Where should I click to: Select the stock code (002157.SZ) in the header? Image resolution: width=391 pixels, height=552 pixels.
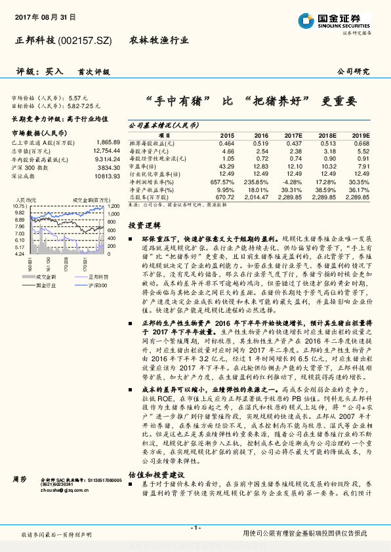point(86,41)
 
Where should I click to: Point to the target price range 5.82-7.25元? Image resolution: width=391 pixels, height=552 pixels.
point(84,105)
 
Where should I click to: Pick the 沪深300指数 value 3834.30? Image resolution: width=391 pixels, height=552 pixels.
point(108,168)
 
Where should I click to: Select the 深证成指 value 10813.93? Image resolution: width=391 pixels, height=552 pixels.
point(106,176)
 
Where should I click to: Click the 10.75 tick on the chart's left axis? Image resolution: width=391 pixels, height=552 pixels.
point(18,206)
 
